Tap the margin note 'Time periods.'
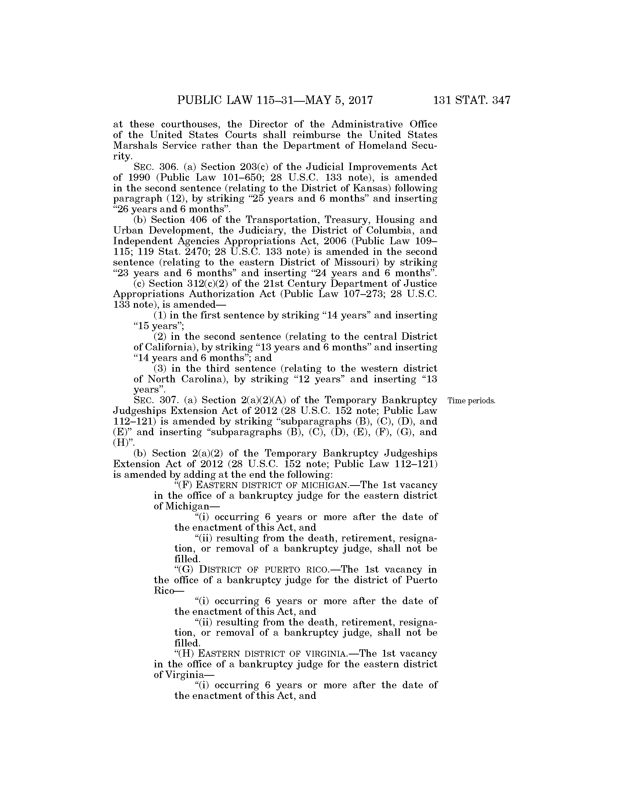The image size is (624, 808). pos(471,401)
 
